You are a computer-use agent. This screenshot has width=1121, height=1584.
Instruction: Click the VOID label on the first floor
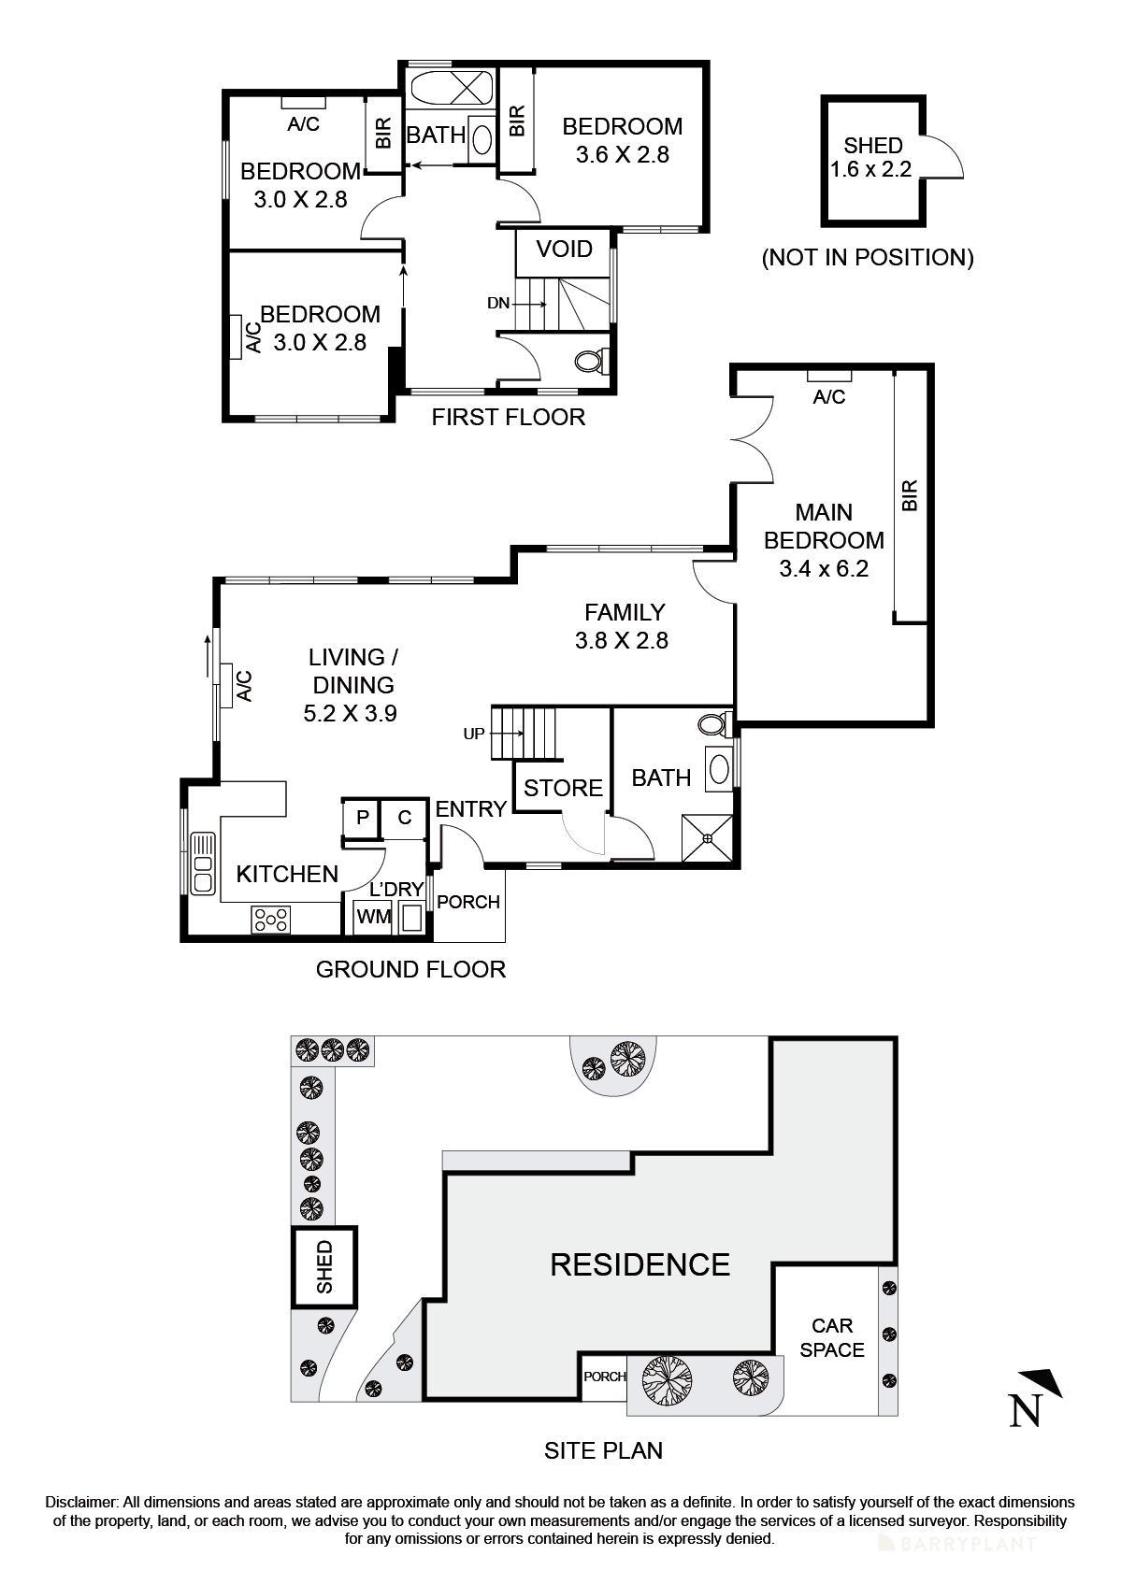[564, 250]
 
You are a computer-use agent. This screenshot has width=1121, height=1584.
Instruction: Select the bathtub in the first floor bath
[452, 90]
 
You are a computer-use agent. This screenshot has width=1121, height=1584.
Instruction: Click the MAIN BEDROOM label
[824, 526]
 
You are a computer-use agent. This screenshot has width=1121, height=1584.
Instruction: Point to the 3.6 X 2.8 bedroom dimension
[622, 154]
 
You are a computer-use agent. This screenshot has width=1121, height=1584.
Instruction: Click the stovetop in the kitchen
[270, 920]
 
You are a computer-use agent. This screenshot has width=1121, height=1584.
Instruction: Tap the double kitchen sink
[202, 863]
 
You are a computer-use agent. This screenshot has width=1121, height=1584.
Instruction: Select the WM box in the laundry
[373, 917]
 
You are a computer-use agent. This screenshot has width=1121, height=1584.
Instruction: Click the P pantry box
[363, 818]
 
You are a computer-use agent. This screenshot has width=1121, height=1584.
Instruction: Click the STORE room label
[563, 788]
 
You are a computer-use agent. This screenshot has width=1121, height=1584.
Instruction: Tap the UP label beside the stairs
[474, 734]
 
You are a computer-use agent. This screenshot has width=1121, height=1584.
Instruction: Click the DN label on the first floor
[498, 303]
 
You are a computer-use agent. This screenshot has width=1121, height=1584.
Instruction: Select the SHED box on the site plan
[324, 1266]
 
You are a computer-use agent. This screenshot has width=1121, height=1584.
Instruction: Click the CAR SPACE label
[831, 1337]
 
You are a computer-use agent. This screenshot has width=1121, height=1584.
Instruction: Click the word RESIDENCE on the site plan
[640, 1264]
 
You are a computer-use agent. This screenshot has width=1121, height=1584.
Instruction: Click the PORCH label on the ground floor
[468, 902]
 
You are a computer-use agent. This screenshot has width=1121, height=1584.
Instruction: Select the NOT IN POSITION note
[867, 257]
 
